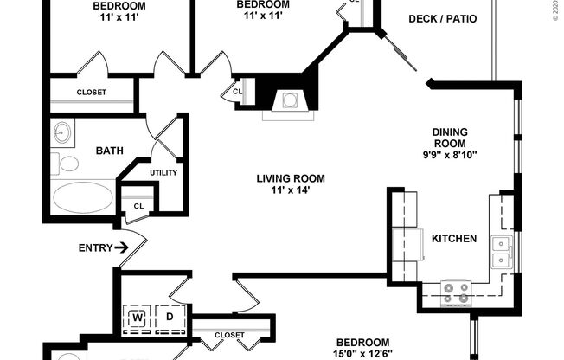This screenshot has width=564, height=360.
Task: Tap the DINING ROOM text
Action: click(449, 138)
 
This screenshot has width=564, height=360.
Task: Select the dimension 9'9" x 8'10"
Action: click(449, 156)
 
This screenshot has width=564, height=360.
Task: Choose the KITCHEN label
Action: click(454, 238)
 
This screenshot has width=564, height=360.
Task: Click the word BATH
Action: click(109, 151)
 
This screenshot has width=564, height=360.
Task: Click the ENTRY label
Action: click(95, 248)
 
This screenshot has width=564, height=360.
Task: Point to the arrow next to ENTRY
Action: click(123, 248)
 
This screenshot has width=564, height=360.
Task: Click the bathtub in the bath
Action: click(82, 197)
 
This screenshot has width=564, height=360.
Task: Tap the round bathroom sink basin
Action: click(61, 134)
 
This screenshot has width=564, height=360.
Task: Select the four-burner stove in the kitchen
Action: click(456, 292)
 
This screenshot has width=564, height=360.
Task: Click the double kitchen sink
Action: click(501, 250)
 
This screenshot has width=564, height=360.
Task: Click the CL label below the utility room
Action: click(138, 206)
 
